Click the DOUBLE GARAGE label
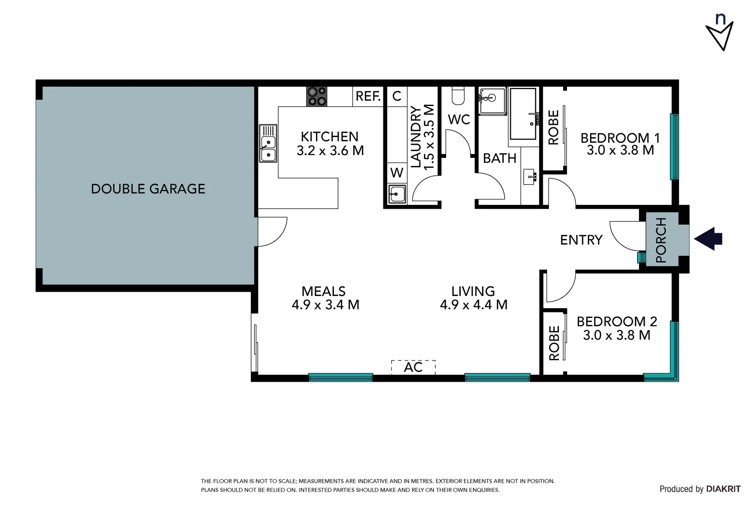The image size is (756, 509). coord(148,189)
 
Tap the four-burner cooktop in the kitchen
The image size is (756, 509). coord(316,97)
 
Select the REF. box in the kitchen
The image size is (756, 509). coord(368,96)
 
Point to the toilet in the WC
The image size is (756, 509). coord(458,96)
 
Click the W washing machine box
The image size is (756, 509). coord(397,173)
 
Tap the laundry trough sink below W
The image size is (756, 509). coord(397,194)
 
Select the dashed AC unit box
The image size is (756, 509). coord(413,367)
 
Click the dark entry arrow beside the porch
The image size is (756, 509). coord(709,238)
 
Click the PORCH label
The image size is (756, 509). coord(661,240)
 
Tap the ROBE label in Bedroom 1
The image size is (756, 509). coord(553,127)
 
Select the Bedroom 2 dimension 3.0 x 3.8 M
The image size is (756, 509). coord(616,335)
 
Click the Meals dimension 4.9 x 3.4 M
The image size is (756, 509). coord(325,305)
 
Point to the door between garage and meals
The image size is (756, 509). coord(273,231)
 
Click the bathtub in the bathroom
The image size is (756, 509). coord(523,114)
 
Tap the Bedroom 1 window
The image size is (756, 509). coord(674,147)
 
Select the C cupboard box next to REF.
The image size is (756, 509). coord(397,96)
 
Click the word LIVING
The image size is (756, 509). coord(473,291)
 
